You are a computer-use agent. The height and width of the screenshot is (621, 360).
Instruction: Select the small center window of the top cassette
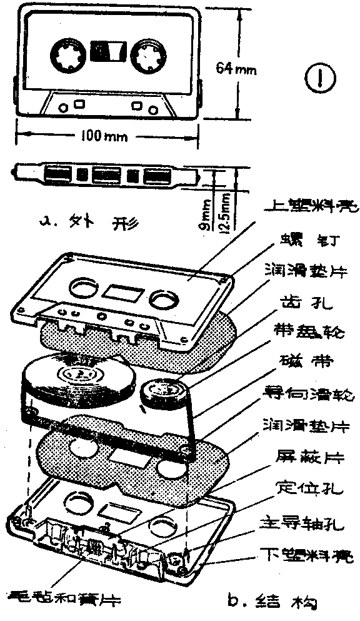(107, 51)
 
